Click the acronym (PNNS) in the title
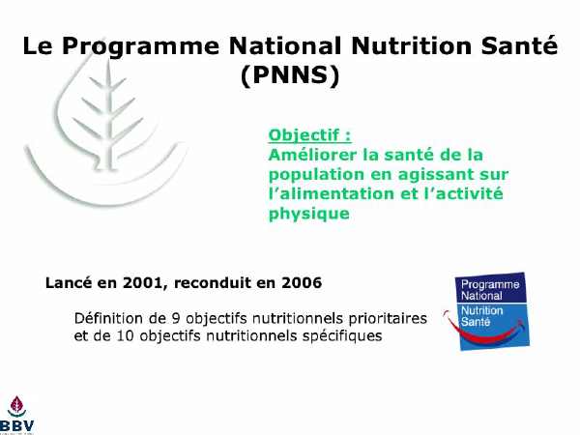[x=290, y=75]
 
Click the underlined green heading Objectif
[x=309, y=135]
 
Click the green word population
[x=316, y=175]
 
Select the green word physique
[x=309, y=214]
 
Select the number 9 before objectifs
[x=176, y=318]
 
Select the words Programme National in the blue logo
[x=490, y=290]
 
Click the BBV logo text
[x=17, y=425]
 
